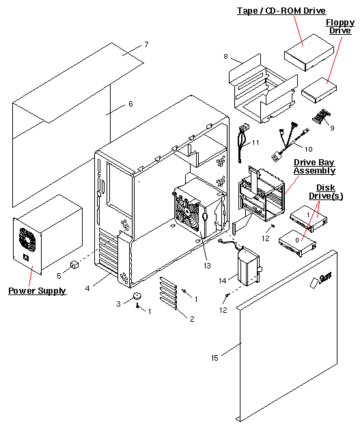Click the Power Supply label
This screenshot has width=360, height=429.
pyautogui.click(x=37, y=291)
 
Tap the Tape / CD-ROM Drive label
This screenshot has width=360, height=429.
pyautogui.click(x=281, y=11)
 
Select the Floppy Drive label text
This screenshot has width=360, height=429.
pyautogui.click(x=340, y=27)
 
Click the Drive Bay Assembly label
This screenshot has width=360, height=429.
pyautogui.click(x=314, y=166)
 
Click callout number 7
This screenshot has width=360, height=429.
pyautogui.click(x=146, y=44)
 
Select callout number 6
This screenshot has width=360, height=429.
pyautogui.click(x=130, y=104)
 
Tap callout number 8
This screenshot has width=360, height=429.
pyautogui.click(x=225, y=57)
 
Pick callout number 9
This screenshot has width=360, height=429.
pyautogui.click(x=331, y=127)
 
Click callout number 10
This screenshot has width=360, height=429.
pyautogui.click(x=308, y=148)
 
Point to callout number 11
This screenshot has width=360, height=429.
pyautogui.click(x=255, y=143)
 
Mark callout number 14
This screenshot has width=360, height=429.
pyautogui.click(x=223, y=281)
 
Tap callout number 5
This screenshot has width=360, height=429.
pyautogui.click(x=59, y=275)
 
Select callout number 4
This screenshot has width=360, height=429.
pyautogui.click(x=87, y=289)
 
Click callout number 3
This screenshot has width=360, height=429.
pyautogui.click(x=117, y=303)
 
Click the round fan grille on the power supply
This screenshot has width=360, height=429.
pyautogui.click(x=27, y=239)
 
